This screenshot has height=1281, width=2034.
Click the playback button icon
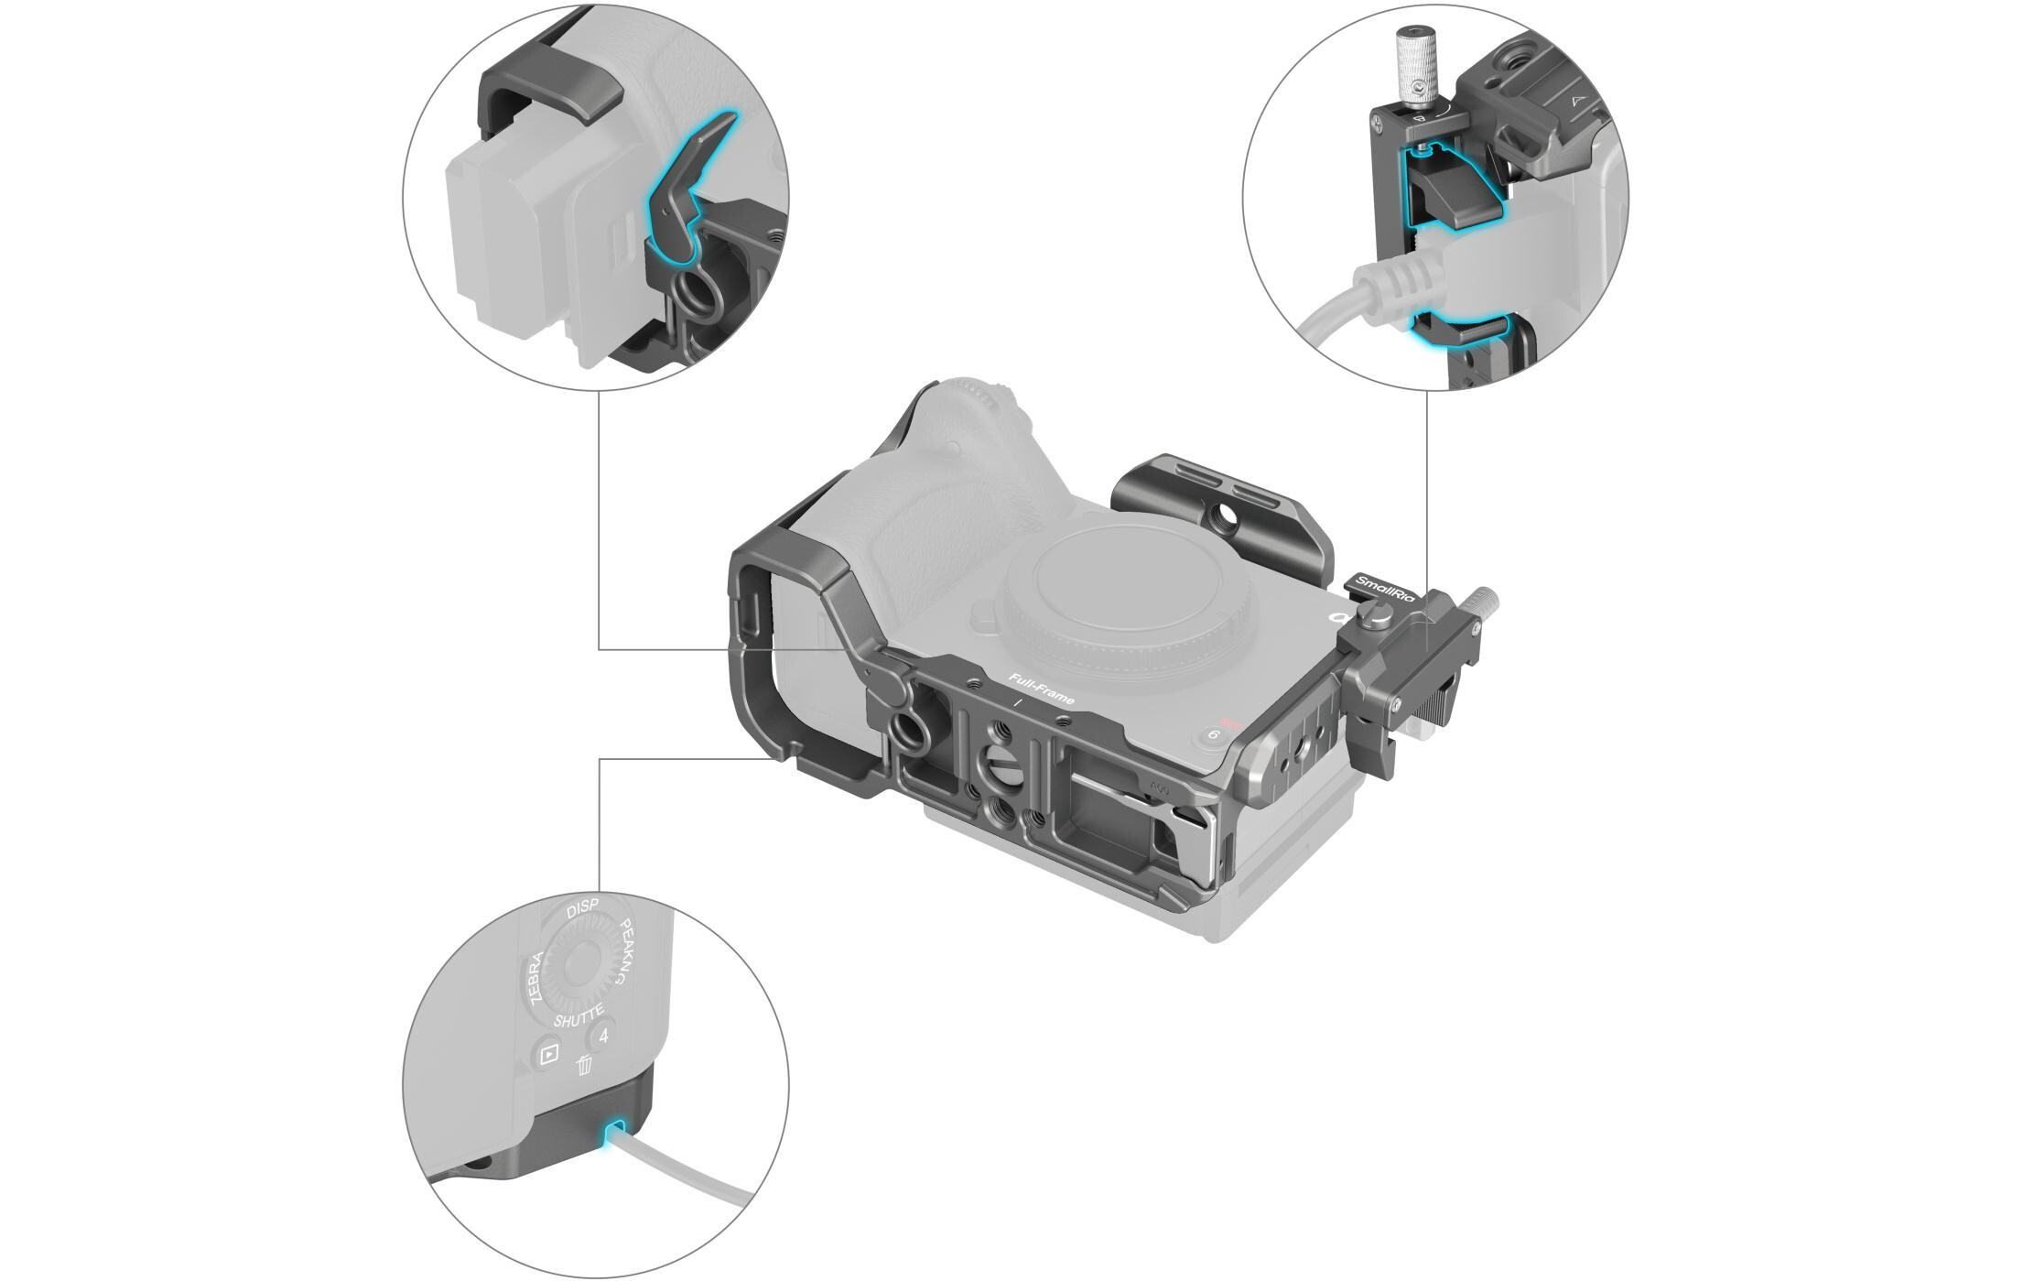pyautogui.click(x=548, y=1054)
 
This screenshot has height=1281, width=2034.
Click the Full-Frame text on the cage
pyautogui.click(x=1041, y=687)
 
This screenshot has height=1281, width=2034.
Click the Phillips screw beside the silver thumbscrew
pyautogui.click(x=1420, y=89)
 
